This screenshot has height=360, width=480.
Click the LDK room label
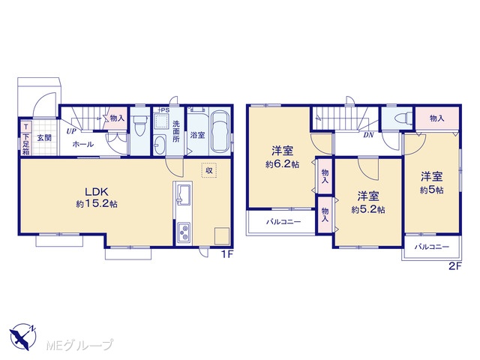(97, 192)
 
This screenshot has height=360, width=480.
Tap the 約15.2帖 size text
(97, 204)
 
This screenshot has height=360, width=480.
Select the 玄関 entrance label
(44, 138)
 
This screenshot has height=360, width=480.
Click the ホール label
(82, 144)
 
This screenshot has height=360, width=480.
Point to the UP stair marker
(71, 132)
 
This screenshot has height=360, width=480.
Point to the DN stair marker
(368, 135)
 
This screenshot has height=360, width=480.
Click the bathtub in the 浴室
(220, 132)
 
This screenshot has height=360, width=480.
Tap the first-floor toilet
(140, 125)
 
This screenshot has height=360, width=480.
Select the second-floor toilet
(403, 118)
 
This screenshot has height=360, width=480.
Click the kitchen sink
(183, 194)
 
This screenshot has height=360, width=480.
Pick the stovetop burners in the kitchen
(183, 232)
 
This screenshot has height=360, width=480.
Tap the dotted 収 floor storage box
(209, 170)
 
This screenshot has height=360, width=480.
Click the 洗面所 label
(176, 131)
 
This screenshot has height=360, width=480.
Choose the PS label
(165, 109)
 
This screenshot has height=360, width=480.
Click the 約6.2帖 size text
(282, 164)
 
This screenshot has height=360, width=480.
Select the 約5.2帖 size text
(368, 210)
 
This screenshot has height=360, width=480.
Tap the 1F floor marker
(226, 254)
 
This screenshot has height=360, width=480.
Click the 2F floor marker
(455, 266)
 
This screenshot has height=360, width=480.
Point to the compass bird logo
(22, 337)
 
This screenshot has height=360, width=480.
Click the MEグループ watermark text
(80, 346)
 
